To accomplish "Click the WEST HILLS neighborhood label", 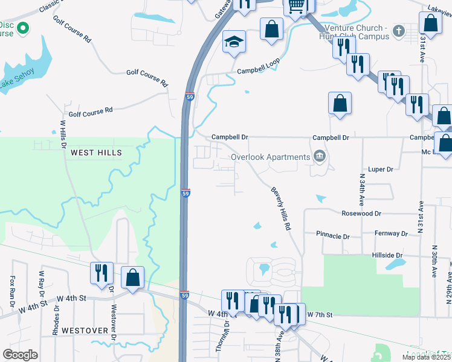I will [x=96, y=153].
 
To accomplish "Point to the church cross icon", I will [x=398, y=31].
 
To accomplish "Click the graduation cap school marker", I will [x=234, y=42].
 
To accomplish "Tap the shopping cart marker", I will [x=296, y=6].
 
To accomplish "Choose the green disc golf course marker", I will [x=23, y=28].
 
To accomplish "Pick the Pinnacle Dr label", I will [x=333, y=235].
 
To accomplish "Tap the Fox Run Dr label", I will [x=12, y=288].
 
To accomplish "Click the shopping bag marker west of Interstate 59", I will [x=132, y=278].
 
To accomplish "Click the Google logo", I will [x=21, y=355].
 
